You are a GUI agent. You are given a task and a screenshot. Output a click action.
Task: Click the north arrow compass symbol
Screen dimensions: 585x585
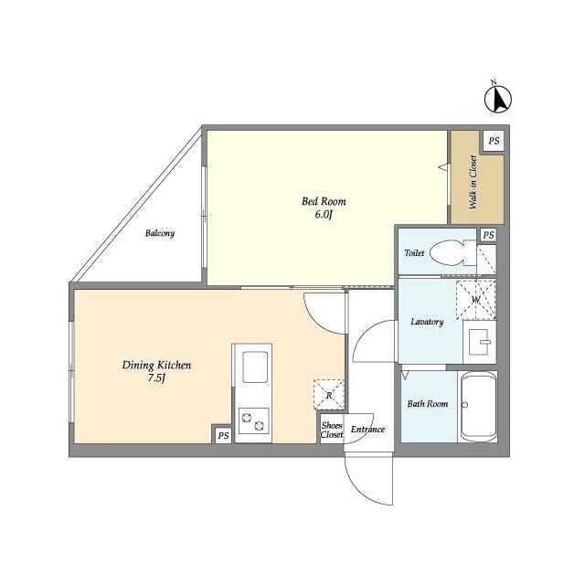(497, 99)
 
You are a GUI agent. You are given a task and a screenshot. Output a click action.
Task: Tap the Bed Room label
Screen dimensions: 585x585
(324, 201)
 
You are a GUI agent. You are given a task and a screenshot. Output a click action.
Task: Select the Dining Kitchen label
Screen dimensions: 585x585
(156, 365)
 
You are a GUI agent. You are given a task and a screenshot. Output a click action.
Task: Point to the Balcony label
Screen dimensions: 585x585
(160, 234)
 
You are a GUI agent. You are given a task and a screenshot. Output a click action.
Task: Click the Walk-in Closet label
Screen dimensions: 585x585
(473, 182)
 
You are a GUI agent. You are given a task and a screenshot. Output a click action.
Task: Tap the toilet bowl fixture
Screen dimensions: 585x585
(452, 252)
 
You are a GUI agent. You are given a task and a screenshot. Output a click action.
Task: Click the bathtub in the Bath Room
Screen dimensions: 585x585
(479, 407)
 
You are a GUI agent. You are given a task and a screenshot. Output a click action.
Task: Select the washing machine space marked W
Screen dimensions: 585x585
(476, 299)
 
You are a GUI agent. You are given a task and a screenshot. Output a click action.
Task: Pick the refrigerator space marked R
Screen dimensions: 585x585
(329, 395)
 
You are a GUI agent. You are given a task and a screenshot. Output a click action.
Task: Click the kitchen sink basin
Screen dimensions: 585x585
(255, 367)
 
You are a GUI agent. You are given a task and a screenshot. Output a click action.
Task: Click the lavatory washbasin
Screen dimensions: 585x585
(479, 342)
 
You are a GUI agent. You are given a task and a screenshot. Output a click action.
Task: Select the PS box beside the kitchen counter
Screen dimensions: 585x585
(223, 435)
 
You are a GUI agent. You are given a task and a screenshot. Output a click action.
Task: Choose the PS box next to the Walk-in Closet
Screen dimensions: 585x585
(494, 141)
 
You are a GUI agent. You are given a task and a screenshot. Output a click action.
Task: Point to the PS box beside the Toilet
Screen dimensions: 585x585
(488, 235)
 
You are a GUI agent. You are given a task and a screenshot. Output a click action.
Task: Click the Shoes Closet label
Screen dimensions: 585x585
(332, 430)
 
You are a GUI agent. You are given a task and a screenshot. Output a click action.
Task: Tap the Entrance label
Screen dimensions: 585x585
(367, 430)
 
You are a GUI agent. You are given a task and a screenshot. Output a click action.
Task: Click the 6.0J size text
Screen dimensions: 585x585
(324, 215)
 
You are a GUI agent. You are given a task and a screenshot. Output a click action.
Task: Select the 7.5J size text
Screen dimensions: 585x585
(156, 378)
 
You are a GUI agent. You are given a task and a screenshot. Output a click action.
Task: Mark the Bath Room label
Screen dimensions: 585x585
(428, 404)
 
